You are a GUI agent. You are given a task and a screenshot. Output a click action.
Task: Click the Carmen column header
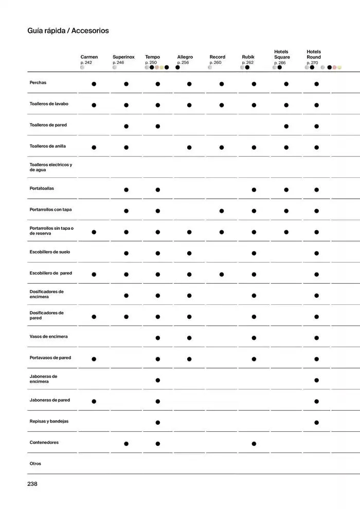click(x=89, y=57)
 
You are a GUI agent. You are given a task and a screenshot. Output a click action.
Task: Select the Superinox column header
click(x=123, y=57)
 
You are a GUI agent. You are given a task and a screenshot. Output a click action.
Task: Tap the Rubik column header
click(x=248, y=57)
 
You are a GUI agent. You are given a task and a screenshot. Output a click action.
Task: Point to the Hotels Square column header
click(x=282, y=54)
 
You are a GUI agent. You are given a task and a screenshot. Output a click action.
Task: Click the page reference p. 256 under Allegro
click(x=183, y=63)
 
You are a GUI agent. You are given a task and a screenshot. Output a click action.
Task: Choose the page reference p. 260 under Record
click(x=215, y=63)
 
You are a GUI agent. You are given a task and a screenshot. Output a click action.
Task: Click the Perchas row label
click(x=38, y=83)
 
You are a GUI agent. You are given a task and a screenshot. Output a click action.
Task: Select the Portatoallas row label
click(x=42, y=189)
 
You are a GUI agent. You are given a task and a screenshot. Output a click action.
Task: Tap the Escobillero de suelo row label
click(x=50, y=252)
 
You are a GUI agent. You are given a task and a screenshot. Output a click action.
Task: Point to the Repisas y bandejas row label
click(x=49, y=421)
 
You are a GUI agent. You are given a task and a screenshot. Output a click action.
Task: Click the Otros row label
click(x=35, y=464)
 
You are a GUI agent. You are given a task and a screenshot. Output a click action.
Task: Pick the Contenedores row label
click(x=44, y=443)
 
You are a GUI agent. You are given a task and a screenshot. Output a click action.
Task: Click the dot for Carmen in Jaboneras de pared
click(x=94, y=401)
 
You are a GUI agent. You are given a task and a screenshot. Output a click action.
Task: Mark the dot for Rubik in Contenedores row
click(x=254, y=444)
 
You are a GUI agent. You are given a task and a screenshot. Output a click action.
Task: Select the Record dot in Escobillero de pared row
click(x=222, y=274)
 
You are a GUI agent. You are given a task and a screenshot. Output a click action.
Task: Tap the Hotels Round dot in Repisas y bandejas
click(x=316, y=423)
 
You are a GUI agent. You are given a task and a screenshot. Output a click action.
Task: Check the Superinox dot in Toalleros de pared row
click(x=126, y=126)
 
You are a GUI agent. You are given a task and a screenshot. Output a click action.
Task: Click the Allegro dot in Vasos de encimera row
click(x=189, y=338)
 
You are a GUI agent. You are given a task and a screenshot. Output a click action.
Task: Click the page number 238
click(x=32, y=484)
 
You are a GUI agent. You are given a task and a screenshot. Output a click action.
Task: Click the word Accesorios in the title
click(x=90, y=31)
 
